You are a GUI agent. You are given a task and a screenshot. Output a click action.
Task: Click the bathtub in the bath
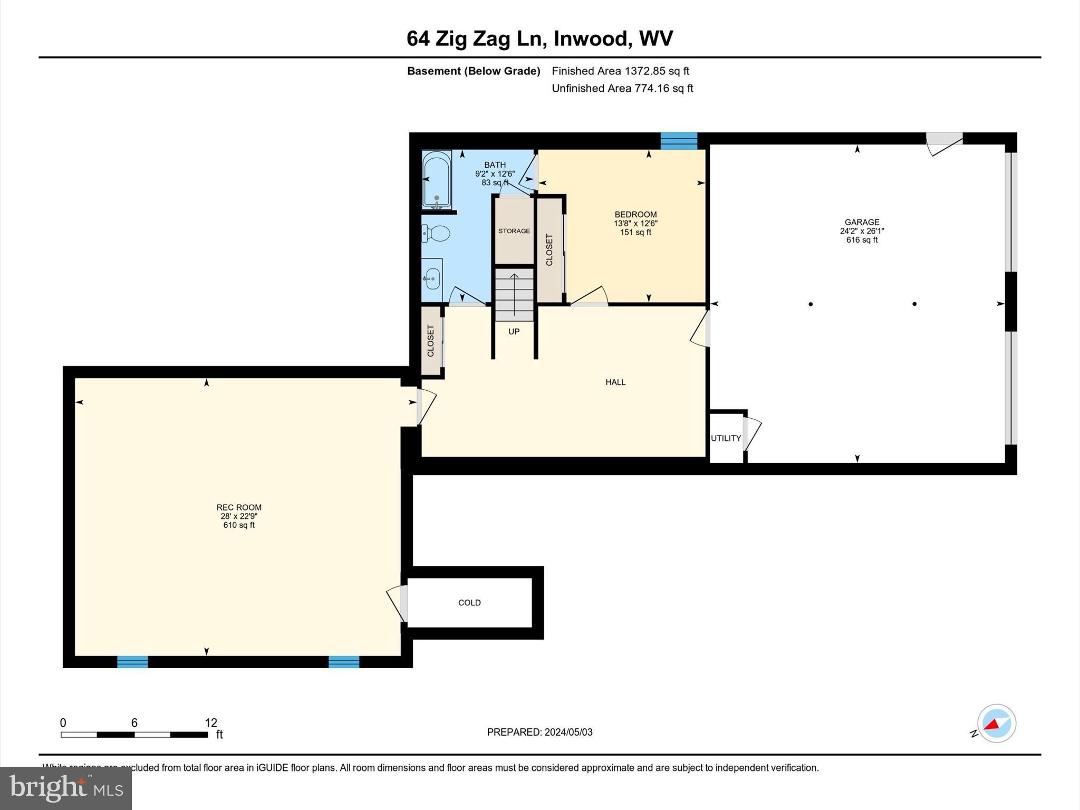click(437, 179)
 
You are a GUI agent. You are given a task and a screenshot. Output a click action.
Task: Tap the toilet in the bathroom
click(436, 233)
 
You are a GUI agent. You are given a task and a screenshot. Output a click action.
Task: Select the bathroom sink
click(432, 278)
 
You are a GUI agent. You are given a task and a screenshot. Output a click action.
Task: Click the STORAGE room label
click(514, 231)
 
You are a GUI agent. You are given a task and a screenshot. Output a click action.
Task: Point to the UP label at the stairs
click(514, 332)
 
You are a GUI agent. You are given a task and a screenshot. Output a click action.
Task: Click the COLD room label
click(469, 603)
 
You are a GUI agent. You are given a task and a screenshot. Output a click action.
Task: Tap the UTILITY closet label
click(726, 438)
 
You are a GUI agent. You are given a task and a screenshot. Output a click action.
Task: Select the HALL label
click(615, 382)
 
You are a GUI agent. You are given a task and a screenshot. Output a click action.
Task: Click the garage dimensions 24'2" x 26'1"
click(862, 231)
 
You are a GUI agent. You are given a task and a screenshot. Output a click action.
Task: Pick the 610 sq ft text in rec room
click(239, 525)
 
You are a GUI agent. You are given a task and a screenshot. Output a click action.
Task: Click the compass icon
click(996, 724)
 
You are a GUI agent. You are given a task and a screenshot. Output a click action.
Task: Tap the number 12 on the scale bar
click(211, 723)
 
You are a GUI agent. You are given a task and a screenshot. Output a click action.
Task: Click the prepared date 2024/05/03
click(568, 732)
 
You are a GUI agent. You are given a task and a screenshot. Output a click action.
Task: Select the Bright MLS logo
click(66, 788)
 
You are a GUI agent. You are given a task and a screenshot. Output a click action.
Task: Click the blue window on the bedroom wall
click(679, 141)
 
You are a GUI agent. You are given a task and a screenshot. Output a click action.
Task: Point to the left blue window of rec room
click(132, 662)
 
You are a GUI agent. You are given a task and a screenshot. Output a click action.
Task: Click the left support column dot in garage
click(811, 304)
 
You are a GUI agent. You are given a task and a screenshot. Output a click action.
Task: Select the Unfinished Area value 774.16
click(652, 88)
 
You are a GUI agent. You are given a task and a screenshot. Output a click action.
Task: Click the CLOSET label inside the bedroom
click(549, 250)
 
